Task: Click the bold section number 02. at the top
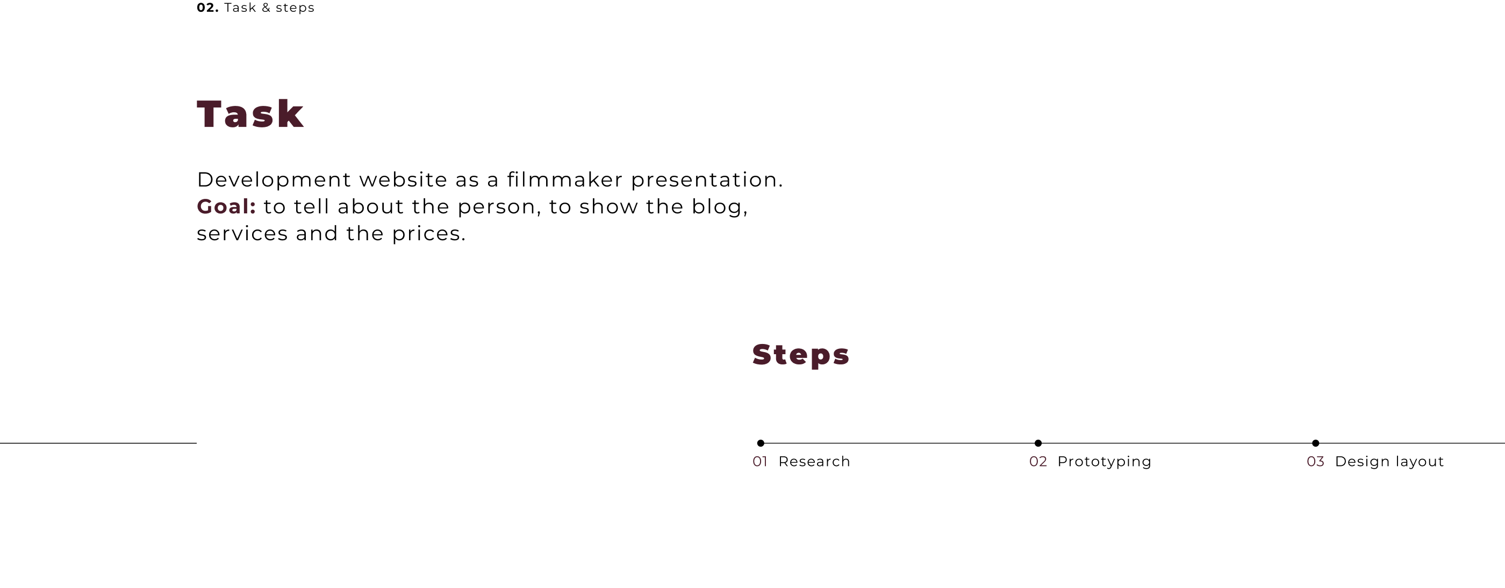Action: click(207, 8)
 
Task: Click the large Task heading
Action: click(250, 114)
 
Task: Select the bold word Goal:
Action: click(226, 206)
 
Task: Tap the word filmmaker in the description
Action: click(564, 180)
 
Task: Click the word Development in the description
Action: click(274, 180)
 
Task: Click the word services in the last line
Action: click(242, 234)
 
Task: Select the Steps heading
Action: click(800, 355)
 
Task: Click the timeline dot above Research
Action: click(761, 443)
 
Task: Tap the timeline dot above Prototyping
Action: click(1038, 443)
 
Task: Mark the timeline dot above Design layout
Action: click(1316, 443)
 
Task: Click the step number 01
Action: click(759, 462)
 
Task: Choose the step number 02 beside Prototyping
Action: click(1038, 462)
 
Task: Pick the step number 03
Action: click(1316, 462)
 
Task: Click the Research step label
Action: click(814, 462)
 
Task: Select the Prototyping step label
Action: click(1104, 462)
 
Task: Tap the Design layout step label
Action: click(1389, 462)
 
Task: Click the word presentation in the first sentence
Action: click(707, 180)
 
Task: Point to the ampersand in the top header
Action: click(267, 8)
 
